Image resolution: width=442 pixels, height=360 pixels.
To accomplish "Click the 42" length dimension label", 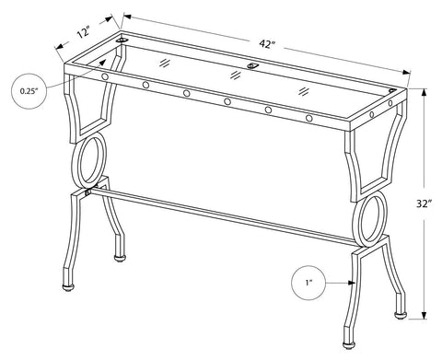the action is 266,44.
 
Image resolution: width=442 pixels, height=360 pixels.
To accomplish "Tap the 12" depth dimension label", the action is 83,33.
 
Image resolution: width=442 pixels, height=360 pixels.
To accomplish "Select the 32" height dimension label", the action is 424,203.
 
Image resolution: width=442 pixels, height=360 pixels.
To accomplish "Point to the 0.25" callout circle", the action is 29,91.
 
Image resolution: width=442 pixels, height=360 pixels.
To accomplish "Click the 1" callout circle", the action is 308,283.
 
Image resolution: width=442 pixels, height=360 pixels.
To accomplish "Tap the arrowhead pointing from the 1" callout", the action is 352,283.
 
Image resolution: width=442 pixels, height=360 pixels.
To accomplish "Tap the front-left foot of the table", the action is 68,287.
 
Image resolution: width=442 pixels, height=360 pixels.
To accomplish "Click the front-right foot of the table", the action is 347,346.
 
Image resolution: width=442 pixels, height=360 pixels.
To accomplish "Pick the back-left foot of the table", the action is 120,258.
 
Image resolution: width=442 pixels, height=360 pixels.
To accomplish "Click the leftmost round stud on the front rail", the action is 104,76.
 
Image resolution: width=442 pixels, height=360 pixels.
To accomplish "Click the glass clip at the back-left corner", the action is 122,41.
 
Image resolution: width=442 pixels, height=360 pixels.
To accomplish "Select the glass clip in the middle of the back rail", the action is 252,65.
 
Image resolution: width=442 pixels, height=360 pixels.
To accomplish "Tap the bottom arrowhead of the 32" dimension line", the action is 425,316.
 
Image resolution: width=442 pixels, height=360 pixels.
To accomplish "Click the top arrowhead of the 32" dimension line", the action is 425,93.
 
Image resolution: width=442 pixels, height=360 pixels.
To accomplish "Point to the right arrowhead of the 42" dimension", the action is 406,73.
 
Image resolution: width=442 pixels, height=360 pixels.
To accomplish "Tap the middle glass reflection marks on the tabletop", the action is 236,75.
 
